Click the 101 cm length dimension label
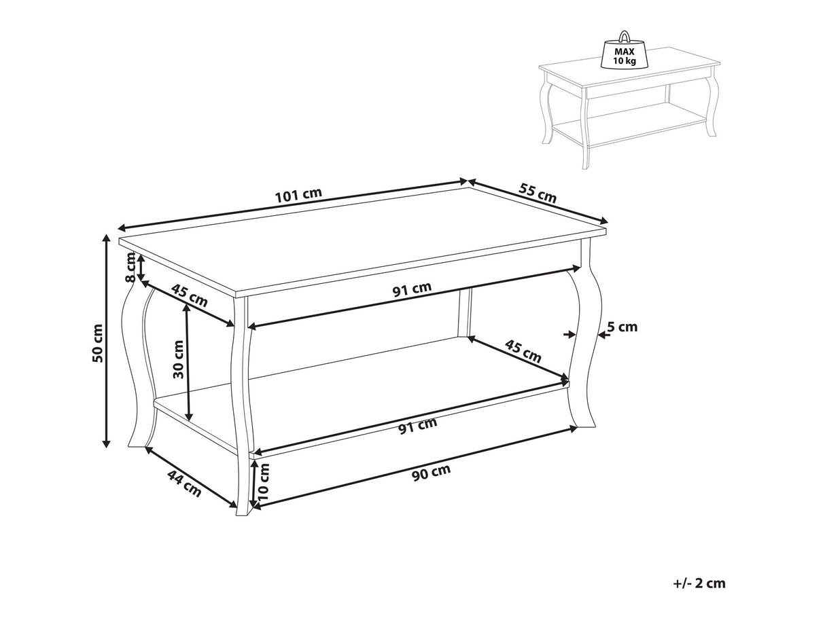pos(298,195)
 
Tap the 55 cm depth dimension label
pos(538,193)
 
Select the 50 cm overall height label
pos(97,343)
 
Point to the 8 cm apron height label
pos(130,267)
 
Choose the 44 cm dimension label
pos(184,484)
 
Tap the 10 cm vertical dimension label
pos(264,481)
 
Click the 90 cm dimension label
pos(431,472)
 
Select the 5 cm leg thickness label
pos(622,327)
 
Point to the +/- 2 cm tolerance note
pos(699,583)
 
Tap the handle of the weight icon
pos(625,36)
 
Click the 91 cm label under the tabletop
pos(412,289)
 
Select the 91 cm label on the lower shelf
pos(418,425)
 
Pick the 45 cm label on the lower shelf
pos(523,351)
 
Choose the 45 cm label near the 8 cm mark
pos(189,295)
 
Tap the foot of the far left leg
pos(137,444)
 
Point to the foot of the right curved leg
pos(586,423)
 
